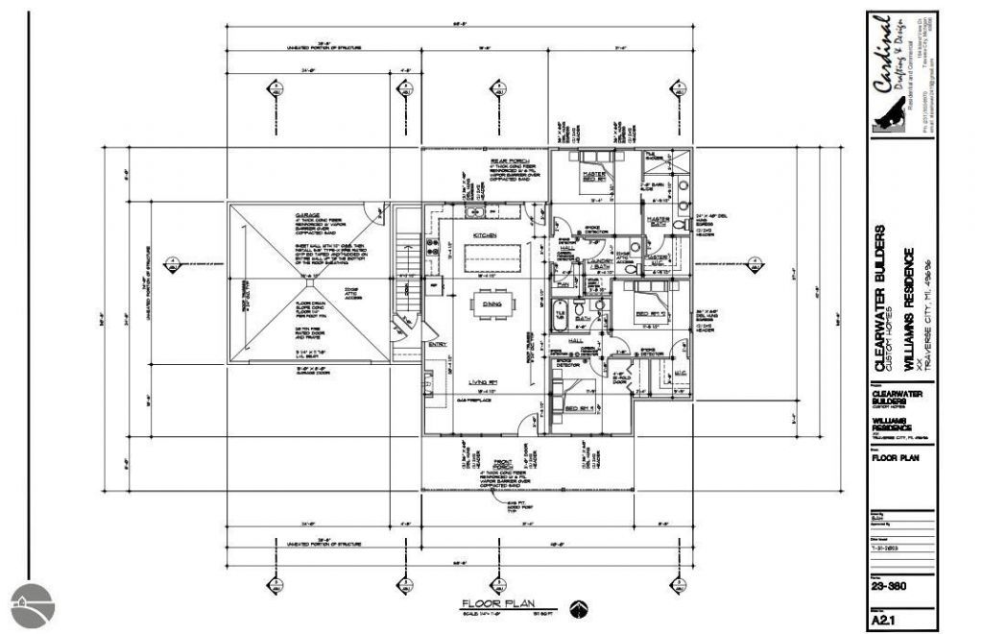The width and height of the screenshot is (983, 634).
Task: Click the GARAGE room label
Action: pos(306,215)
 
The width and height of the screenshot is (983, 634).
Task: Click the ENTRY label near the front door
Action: pos(438,344)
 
